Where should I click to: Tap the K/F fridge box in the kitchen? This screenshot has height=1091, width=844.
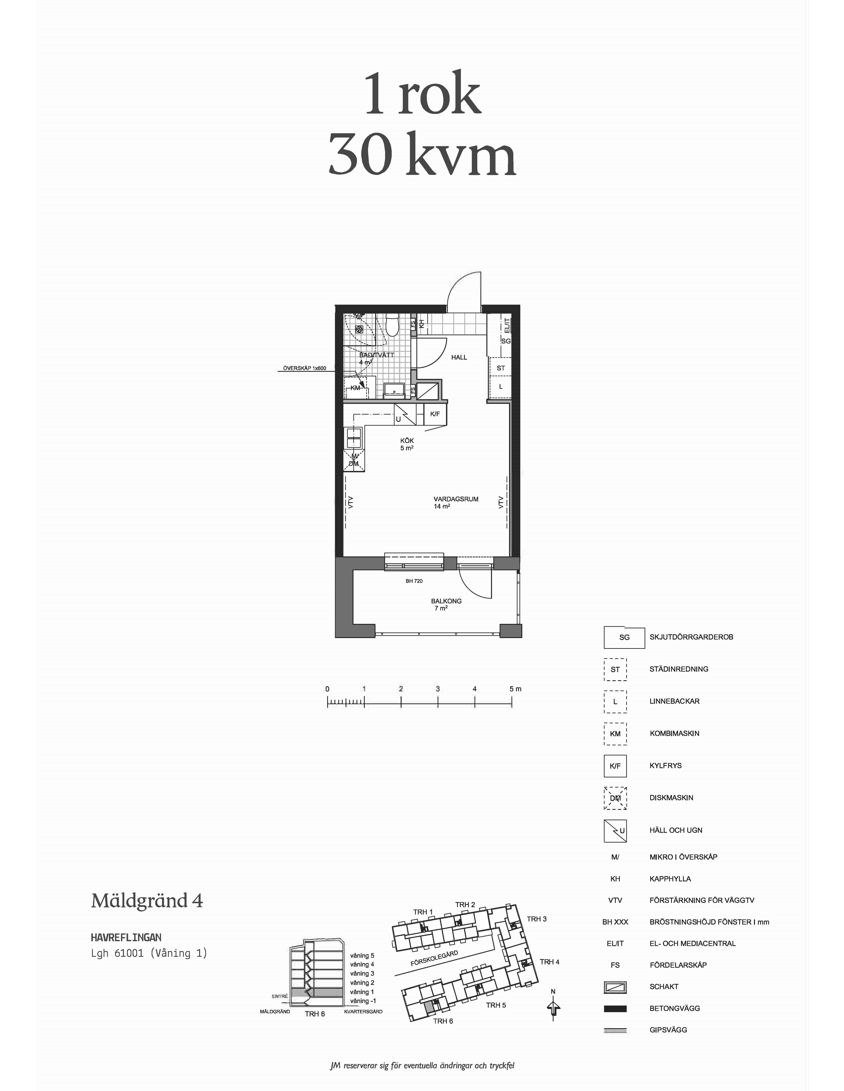click(435, 414)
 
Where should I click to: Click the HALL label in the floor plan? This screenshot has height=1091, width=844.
click(459, 357)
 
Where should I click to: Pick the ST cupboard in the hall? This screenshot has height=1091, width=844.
click(500, 368)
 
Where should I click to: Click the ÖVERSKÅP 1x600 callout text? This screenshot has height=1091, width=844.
click(305, 368)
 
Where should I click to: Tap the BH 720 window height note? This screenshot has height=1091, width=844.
click(414, 581)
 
